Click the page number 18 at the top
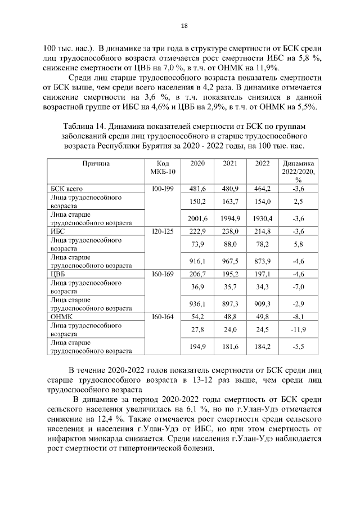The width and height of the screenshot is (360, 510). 183,25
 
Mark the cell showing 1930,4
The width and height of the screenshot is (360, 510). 262,218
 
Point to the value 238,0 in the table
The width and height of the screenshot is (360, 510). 229,232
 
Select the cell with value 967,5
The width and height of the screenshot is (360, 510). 229,261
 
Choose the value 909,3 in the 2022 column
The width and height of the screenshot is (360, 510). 262,304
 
